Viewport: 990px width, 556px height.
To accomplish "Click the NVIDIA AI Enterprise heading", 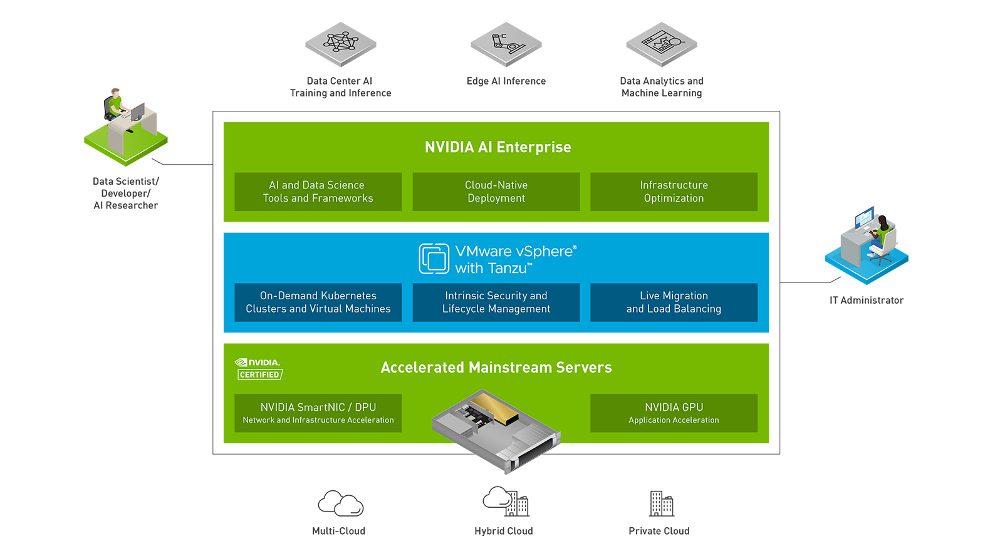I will coord(498,147).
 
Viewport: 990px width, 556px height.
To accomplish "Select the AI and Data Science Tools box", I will coord(318,192).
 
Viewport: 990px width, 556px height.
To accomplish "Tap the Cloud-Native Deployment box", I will coord(496,192).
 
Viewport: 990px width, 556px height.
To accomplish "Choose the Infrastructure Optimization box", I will coord(674,192).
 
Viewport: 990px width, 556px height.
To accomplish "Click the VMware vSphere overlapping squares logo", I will coord(434,259).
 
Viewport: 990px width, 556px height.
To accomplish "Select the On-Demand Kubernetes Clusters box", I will coord(318,302).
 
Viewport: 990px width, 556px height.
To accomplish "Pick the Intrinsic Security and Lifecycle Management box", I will coord(496,302).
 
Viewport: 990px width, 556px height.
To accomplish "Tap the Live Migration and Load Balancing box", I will coord(674,302).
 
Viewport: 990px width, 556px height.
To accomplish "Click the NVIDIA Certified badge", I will coord(259,369).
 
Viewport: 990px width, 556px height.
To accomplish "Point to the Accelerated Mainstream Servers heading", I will coord(496,368).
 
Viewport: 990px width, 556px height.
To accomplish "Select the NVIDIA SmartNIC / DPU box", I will coord(318,413).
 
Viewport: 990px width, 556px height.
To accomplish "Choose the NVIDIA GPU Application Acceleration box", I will coord(674,413).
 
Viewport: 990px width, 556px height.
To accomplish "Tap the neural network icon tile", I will coord(340,43).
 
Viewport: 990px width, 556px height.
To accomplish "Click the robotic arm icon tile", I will coord(507,44).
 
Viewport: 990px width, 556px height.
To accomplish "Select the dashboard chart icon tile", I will coord(664,44).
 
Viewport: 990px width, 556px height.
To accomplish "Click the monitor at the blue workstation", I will coord(864,219).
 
